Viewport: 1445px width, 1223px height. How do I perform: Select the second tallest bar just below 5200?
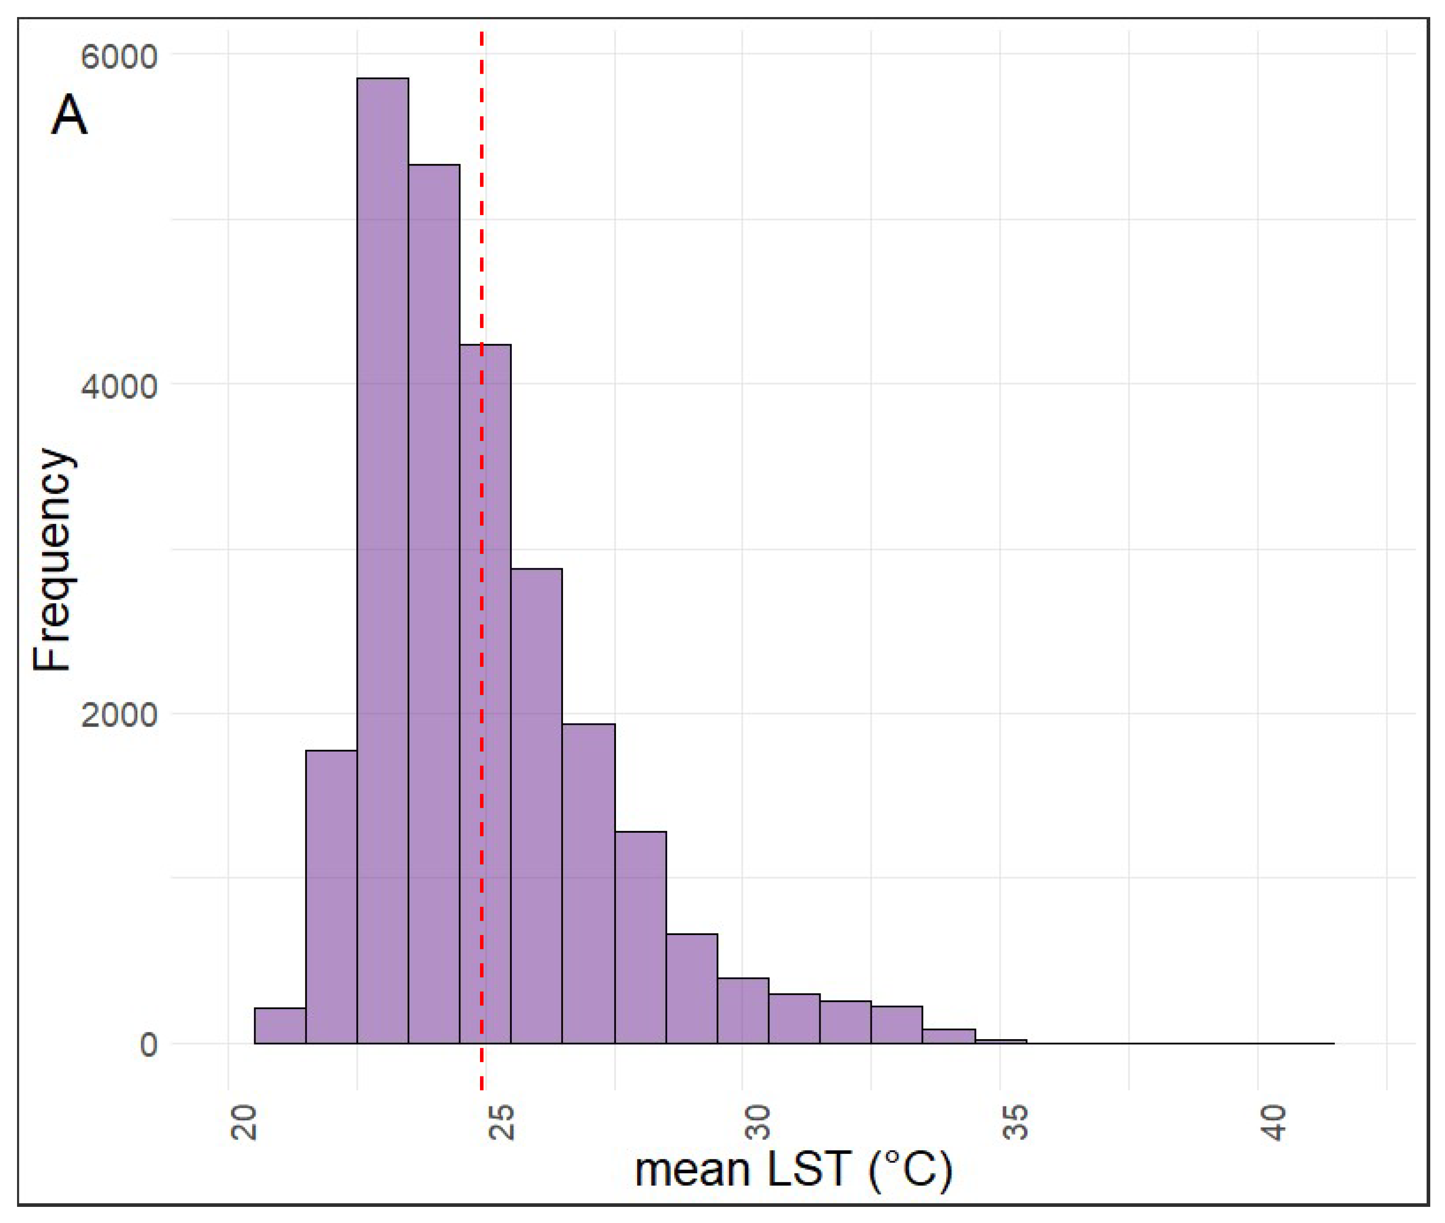(433, 603)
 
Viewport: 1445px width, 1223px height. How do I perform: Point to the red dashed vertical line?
(482, 208)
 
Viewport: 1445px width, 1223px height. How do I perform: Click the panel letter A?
(69, 115)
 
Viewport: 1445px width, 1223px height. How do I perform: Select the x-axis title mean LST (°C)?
(793, 1169)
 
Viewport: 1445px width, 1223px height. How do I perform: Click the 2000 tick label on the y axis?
(119, 714)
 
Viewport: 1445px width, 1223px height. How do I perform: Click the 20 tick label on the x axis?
(243, 1122)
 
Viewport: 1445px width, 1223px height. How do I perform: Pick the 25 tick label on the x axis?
(501, 1122)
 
